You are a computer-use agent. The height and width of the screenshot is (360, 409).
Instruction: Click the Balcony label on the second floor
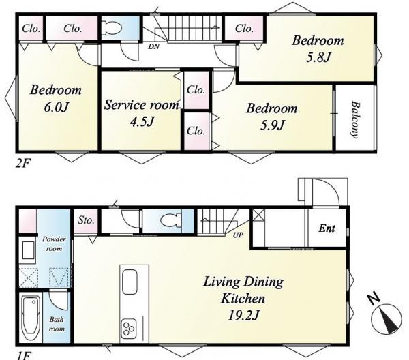355,119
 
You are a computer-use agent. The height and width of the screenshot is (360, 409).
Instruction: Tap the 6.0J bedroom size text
56,107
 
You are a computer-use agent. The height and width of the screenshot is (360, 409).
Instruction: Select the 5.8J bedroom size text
318,58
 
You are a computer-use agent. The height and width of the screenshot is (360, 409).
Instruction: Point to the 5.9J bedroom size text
272,125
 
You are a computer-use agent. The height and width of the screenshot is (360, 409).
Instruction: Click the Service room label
142,105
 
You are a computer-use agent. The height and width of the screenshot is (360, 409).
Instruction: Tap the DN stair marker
153,46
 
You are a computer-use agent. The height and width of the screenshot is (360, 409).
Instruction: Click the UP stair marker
238,235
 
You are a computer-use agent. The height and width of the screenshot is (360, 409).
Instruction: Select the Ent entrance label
327,228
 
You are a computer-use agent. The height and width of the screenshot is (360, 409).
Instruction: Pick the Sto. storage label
86,220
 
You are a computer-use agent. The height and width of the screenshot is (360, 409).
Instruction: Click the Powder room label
54,243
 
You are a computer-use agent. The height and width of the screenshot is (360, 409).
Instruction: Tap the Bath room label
57,324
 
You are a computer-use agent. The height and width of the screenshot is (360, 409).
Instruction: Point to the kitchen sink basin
130,282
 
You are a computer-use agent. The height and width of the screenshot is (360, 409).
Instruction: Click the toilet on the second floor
112,27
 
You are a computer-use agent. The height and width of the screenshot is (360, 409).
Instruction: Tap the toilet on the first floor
171,221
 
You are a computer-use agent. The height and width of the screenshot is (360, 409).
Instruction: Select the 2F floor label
23,164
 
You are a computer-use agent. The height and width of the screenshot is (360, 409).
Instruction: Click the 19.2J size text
243,316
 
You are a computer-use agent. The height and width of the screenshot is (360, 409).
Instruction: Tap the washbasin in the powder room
28,250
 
